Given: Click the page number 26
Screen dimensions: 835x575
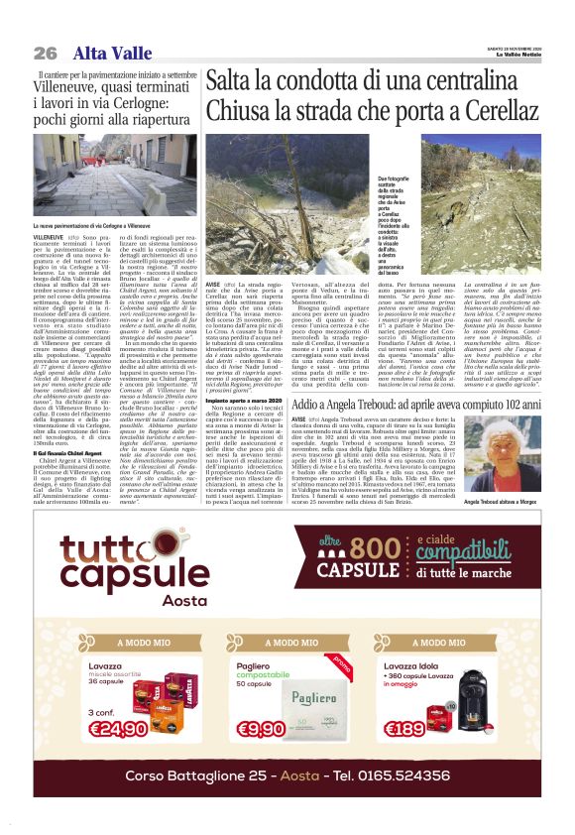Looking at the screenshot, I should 45,53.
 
